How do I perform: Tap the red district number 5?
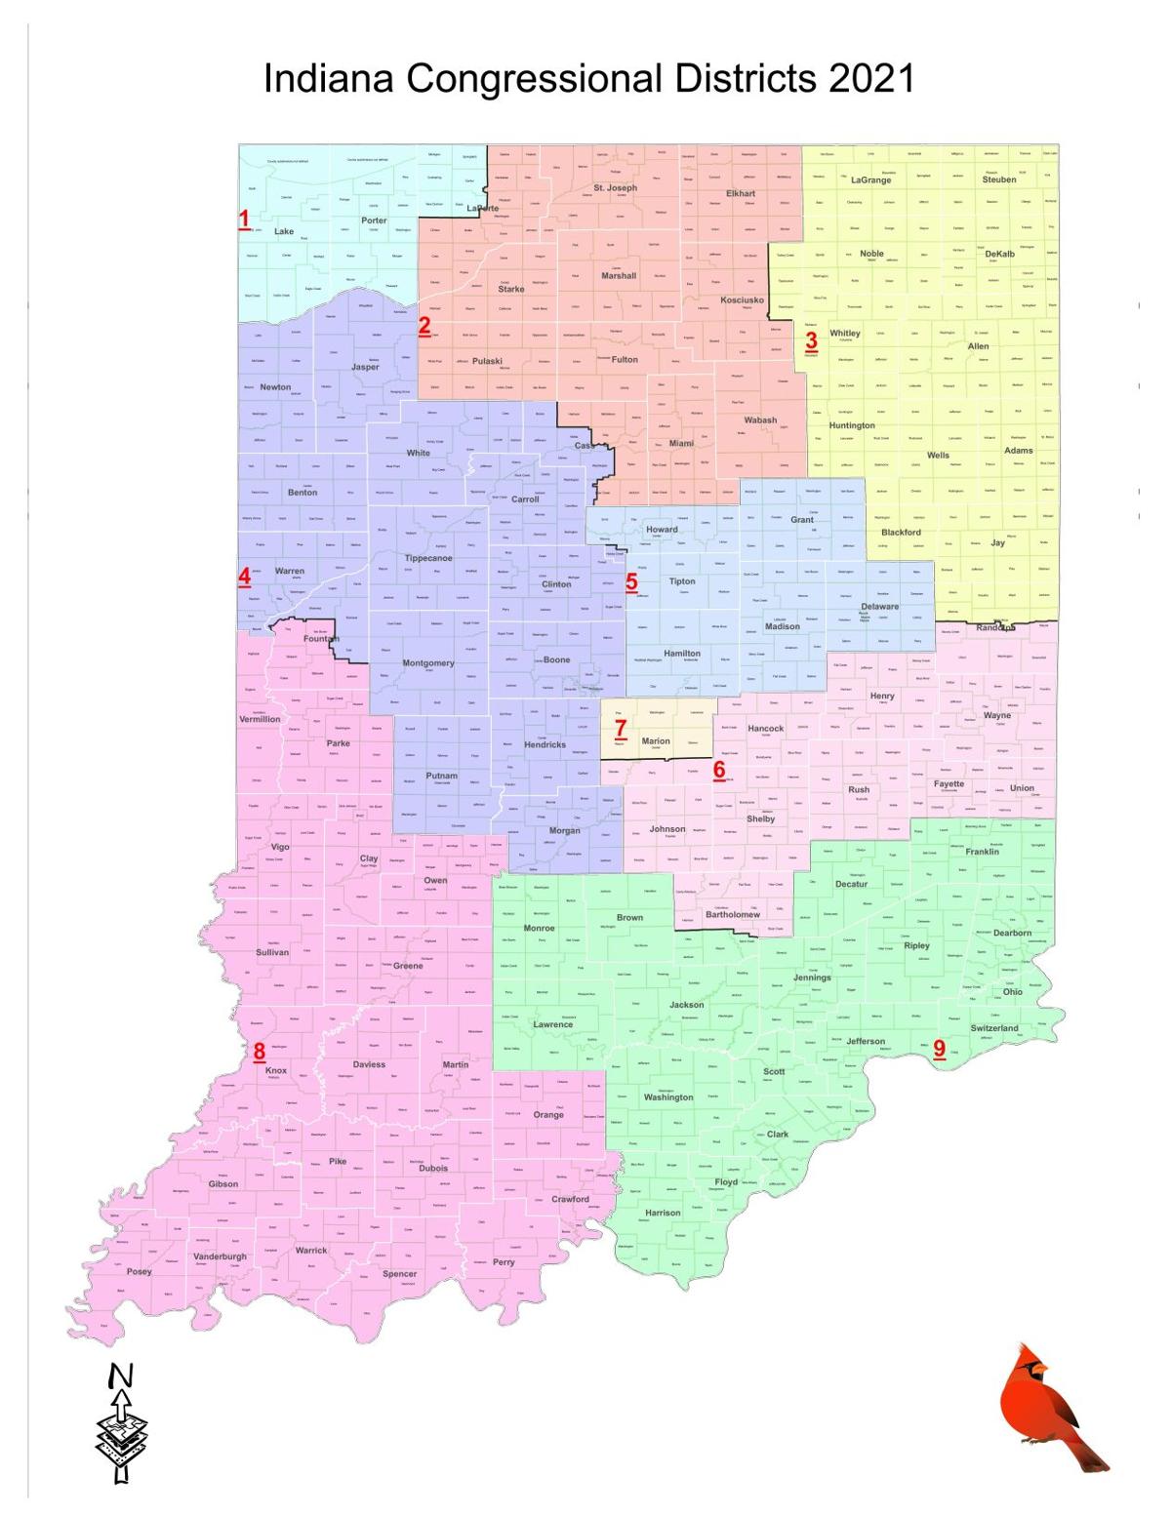(x=631, y=582)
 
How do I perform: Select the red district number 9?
(x=940, y=1049)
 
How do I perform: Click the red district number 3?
(x=811, y=340)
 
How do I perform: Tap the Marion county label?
(x=656, y=741)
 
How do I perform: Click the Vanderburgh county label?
(x=220, y=1256)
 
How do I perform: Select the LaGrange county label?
(x=870, y=180)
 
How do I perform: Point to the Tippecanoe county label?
(x=428, y=558)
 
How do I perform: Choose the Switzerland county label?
(x=994, y=1028)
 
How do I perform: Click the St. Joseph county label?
(x=615, y=187)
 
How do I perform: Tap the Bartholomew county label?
(x=733, y=915)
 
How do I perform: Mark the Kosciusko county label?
(x=742, y=300)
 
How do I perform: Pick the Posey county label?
(x=139, y=1272)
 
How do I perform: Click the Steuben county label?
(x=999, y=179)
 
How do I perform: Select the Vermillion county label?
(x=260, y=719)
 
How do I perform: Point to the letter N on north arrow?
(x=120, y=1376)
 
